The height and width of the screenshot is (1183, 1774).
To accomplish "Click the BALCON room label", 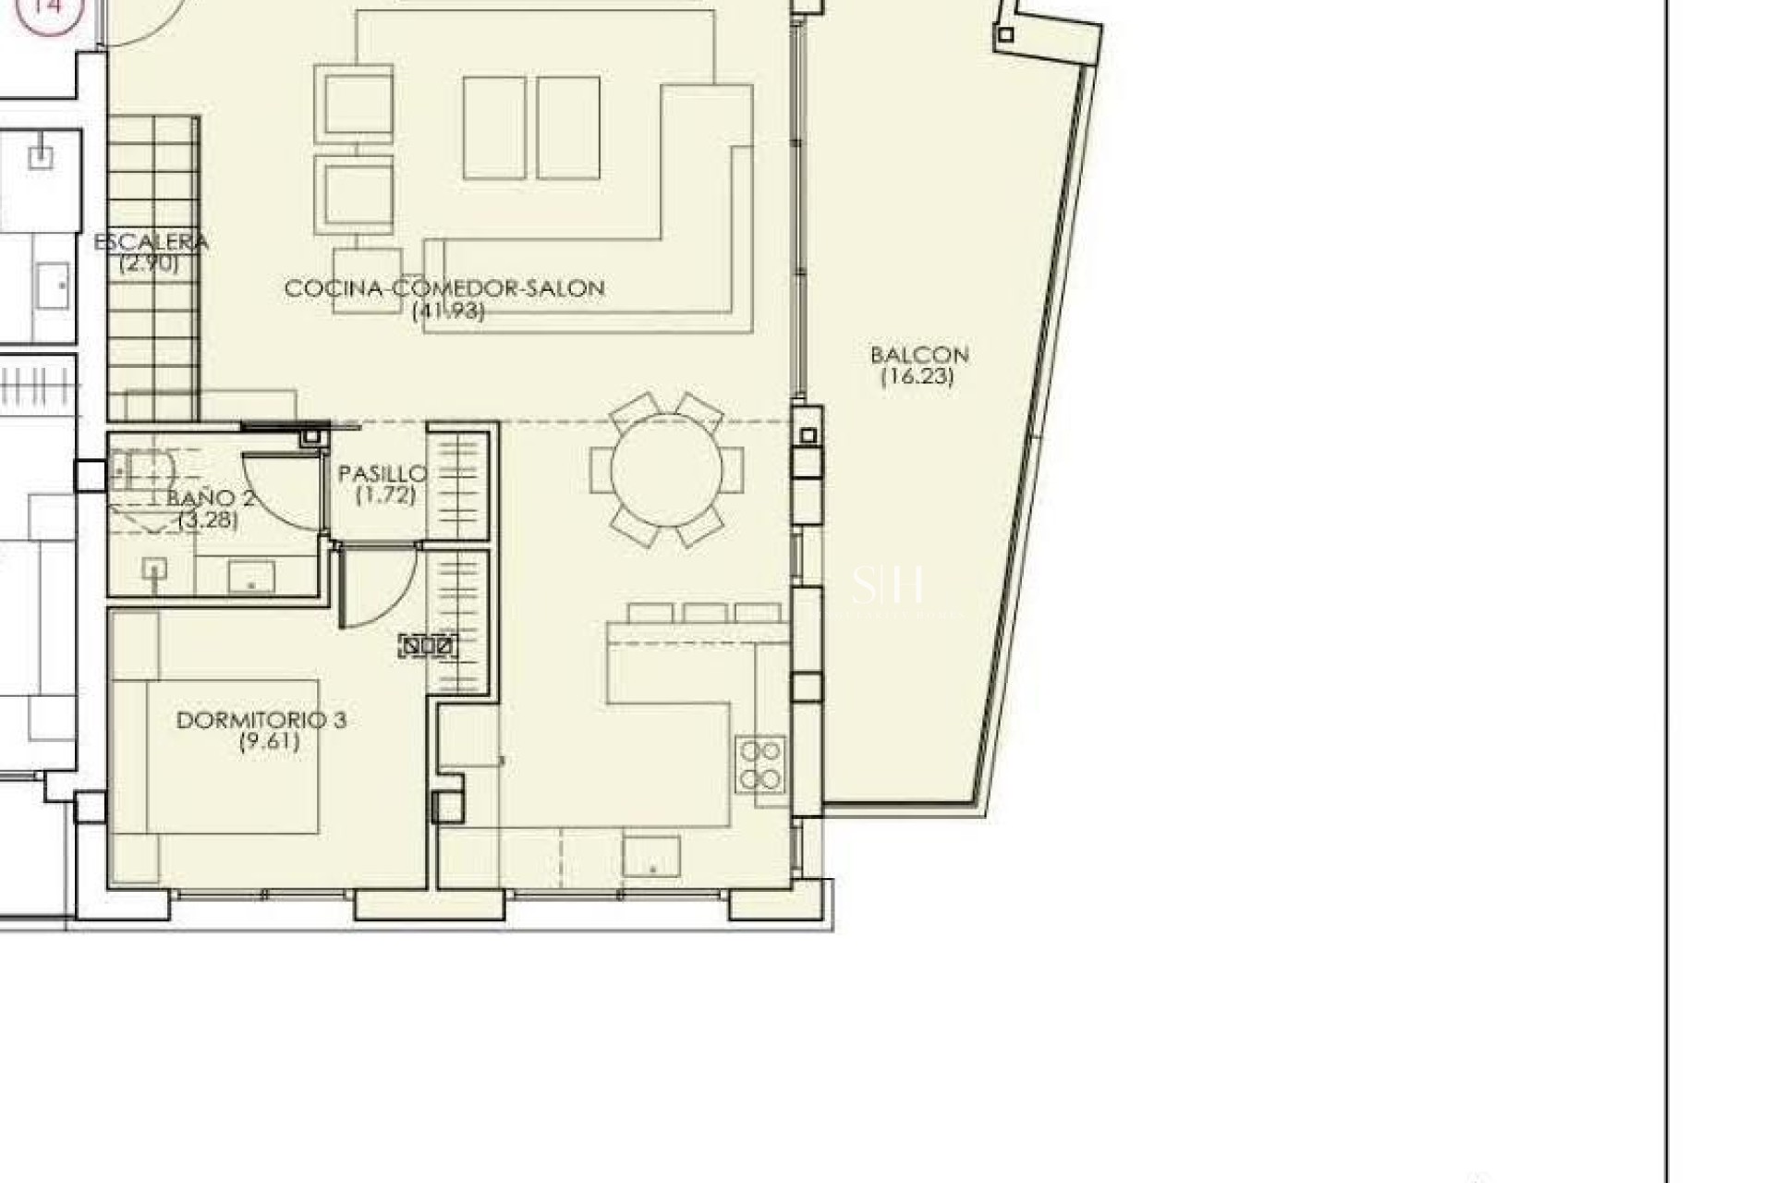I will [919, 355].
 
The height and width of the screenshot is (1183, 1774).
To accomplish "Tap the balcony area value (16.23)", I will [917, 377].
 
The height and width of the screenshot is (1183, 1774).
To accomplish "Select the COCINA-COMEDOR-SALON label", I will [444, 288].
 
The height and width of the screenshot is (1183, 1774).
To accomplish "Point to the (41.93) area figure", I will [448, 311].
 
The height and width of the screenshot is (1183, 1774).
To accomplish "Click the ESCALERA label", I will [152, 242].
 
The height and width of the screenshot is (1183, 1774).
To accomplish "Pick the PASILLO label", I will [383, 474].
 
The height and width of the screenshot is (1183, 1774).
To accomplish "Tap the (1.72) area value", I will [385, 495].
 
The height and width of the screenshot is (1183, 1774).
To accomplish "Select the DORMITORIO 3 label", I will [261, 720].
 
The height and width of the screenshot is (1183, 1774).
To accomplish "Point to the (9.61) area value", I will [270, 741].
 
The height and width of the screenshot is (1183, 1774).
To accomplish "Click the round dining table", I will [667, 470].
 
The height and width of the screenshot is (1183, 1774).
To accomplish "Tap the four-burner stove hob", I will [760, 765].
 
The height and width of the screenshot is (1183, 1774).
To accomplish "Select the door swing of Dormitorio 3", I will [379, 587].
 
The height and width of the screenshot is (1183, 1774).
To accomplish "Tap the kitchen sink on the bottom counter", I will [651, 857].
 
